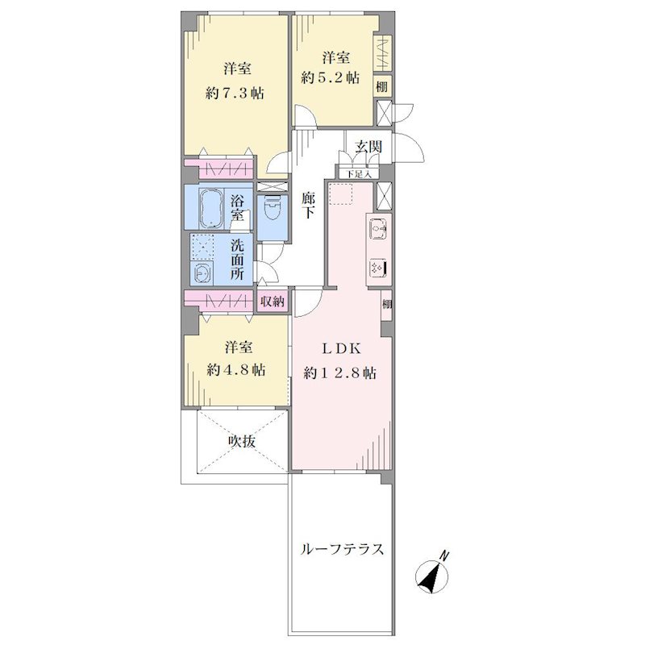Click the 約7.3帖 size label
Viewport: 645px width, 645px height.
(235, 94)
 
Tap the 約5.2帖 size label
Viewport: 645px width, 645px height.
(330, 77)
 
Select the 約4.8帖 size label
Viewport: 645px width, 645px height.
(236, 370)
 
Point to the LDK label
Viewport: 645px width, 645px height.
(341, 349)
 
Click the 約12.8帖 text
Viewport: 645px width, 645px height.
(339, 373)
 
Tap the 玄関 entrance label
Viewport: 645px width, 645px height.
(368, 147)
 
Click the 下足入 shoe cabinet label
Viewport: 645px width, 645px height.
(359, 174)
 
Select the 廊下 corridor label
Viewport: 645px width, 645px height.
(308, 206)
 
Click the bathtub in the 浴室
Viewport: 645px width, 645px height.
(211, 208)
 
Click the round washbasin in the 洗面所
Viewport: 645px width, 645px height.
(202, 273)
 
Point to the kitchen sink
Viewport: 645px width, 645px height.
(378, 228)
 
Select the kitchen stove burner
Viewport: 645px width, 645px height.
(378, 268)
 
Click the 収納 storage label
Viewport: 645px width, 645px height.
(272, 302)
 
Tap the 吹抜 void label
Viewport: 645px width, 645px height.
(242, 441)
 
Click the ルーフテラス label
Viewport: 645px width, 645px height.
(343, 549)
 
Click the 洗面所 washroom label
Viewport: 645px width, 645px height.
(237, 260)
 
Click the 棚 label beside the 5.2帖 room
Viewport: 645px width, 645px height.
(381, 87)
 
